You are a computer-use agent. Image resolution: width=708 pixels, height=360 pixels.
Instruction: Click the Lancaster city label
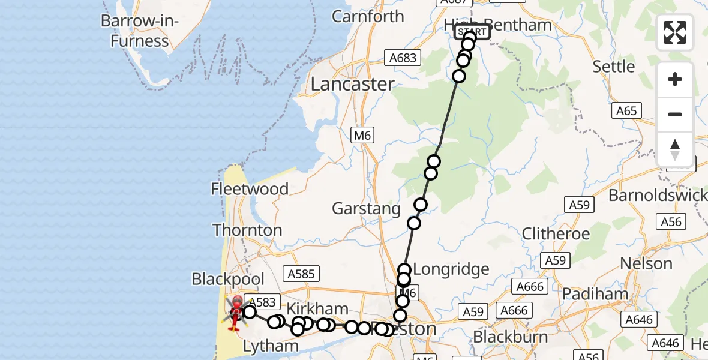pos(352,84)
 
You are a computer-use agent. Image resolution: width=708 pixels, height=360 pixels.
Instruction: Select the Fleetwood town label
pos(250,189)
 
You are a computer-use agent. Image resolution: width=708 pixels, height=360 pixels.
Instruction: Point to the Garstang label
pos(366,209)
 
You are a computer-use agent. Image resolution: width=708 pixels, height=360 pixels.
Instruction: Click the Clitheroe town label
pos(556,233)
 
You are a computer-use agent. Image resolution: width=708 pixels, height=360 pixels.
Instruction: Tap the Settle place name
pos(613,66)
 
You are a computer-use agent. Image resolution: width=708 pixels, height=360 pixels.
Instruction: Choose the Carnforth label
pos(368,17)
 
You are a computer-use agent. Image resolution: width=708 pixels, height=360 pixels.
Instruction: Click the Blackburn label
pos(510,337)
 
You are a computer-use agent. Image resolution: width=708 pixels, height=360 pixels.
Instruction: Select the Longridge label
pos(451,269)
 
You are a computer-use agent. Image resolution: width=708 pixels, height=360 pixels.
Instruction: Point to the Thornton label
pos(247,230)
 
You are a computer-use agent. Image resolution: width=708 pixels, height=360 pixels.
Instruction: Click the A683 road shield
pos(402,58)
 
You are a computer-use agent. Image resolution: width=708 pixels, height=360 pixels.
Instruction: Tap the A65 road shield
pos(626,110)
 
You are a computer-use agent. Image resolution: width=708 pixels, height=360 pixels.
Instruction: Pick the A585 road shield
pos(301,274)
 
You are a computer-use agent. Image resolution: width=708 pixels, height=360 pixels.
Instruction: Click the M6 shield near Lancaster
pos(362,136)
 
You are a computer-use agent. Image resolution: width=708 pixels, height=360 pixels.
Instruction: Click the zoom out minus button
pos(675,114)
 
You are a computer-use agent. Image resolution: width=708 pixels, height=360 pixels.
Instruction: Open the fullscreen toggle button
pos(675,32)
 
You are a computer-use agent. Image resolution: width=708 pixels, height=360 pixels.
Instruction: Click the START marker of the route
pos(473,32)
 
